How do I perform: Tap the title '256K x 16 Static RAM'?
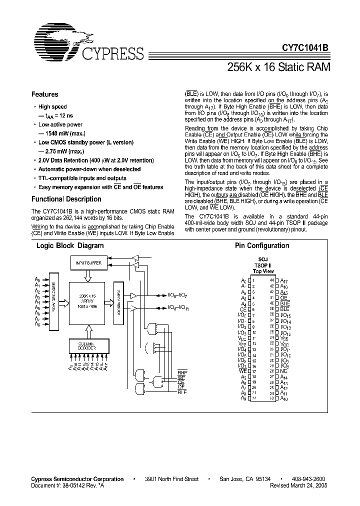(279, 67)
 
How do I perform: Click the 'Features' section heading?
(44, 94)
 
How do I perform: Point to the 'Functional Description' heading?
(66, 199)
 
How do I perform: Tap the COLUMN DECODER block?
(86, 345)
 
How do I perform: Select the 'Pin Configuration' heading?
(262, 245)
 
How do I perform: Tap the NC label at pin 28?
(283, 371)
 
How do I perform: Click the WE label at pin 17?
(243, 371)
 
